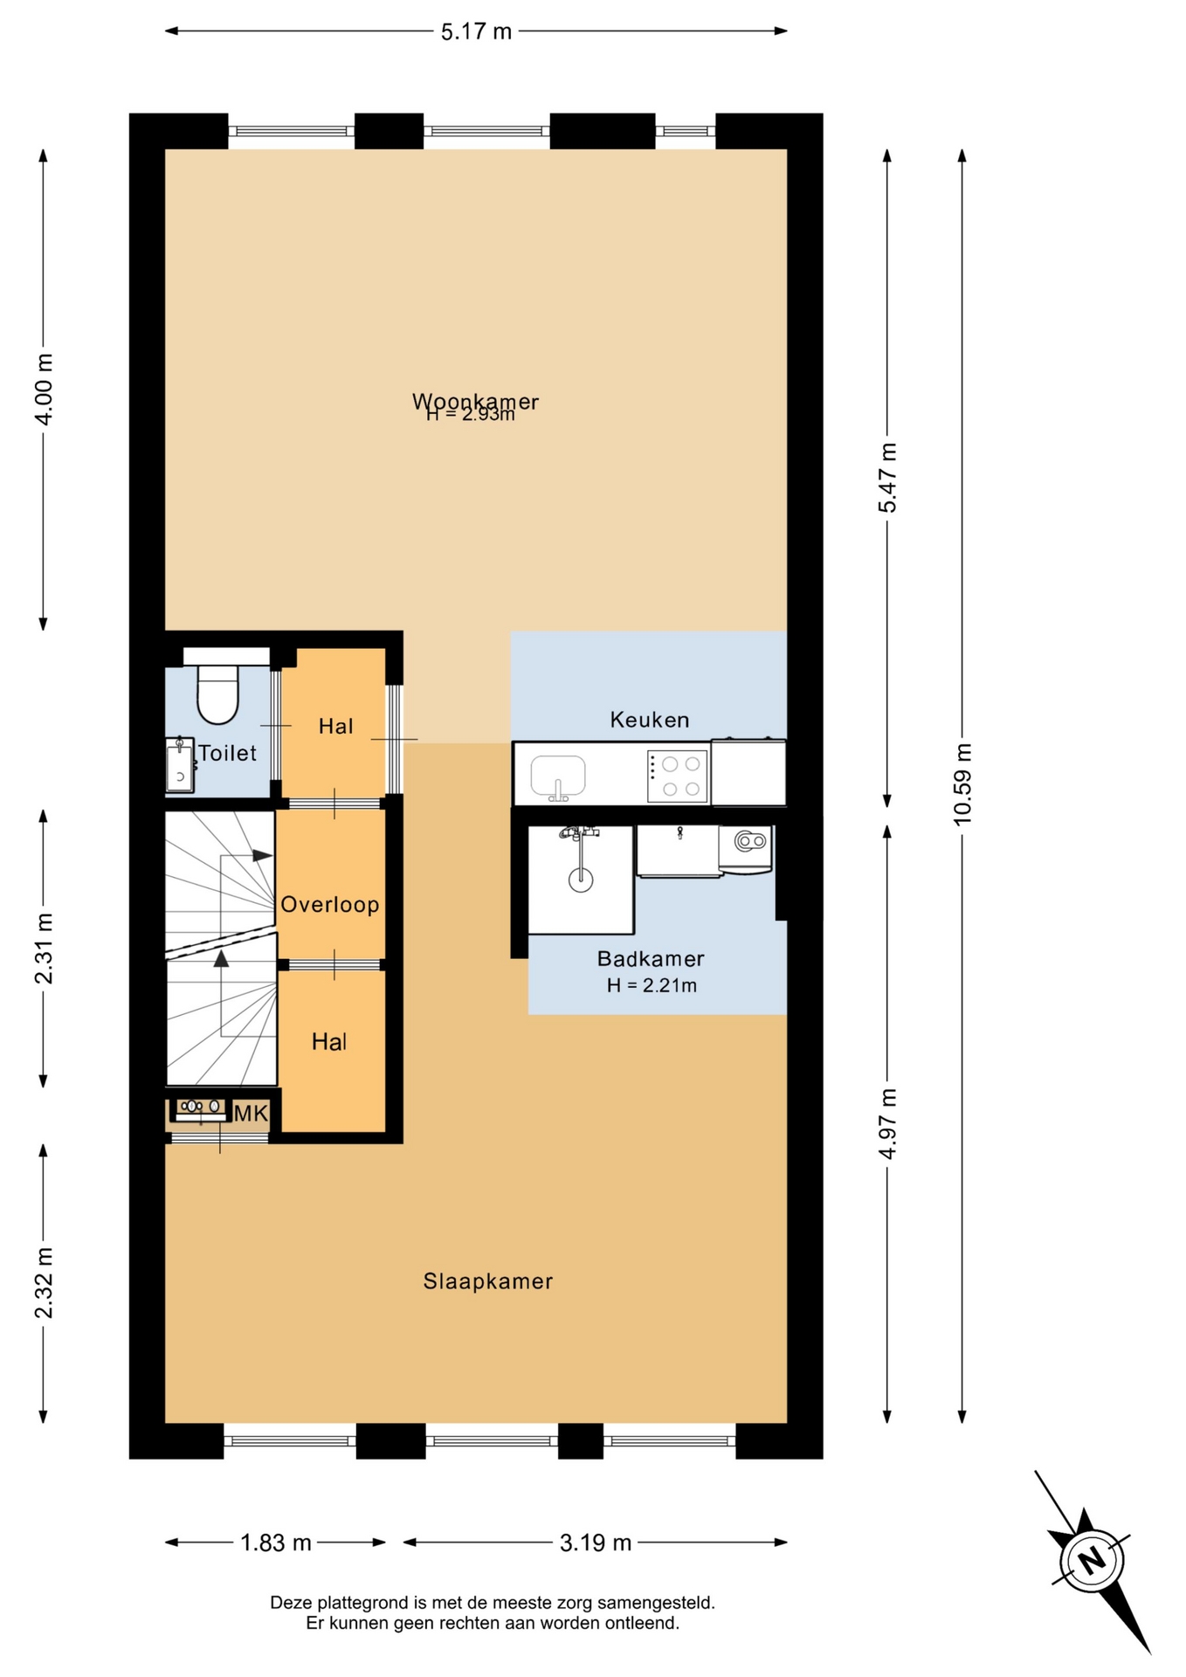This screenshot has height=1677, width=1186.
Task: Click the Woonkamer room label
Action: [x=475, y=401]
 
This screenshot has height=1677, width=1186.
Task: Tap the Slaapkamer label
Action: [x=488, y=1281]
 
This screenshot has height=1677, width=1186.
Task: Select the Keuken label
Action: [x=650, y=720]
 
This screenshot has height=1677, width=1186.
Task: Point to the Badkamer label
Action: [x=651, y=958]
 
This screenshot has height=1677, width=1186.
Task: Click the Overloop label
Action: [x=330, y=905]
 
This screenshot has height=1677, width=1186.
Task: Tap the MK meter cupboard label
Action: [x=251, y=1113]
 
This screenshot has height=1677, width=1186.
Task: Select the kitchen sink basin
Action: [x=558, y=776]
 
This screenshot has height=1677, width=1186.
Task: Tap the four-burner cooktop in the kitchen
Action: [x=677, y=776]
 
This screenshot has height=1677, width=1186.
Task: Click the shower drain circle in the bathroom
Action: [x=581, y=880]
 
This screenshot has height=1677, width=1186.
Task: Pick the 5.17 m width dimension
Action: [x=476, y=31]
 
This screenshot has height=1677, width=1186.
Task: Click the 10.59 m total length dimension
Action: [x=962, y=783]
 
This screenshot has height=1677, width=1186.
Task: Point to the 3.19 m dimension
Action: [x=596, y=1542]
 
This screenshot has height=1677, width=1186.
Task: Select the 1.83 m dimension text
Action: [x=276, y=1542]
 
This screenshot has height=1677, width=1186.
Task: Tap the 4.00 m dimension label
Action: [x=43, y=390]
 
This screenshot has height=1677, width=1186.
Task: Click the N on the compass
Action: [x=1091, y=1559]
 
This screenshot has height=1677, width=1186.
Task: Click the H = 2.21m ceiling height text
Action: [x=652, y=985]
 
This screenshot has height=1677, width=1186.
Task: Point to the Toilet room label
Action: [x=228, y=753]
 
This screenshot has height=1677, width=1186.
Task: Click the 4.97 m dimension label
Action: [x=887, y=1123]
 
